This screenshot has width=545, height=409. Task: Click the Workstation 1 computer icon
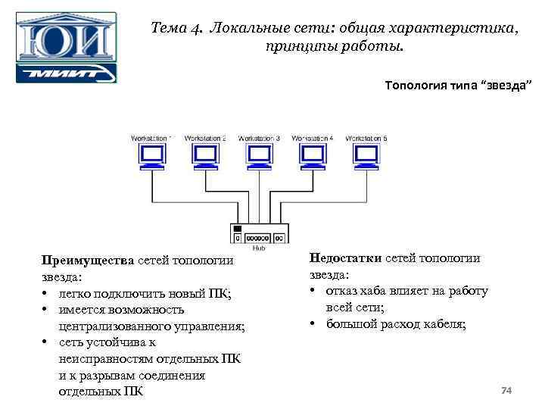coord(152,157)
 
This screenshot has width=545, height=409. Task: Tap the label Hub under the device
coord(259,248)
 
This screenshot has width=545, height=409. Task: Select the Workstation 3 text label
coord(259,139)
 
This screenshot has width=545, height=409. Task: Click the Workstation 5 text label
coord(366,139)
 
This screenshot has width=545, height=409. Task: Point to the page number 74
coord(507,390)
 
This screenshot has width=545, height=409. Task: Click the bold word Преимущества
coord(88,261)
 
